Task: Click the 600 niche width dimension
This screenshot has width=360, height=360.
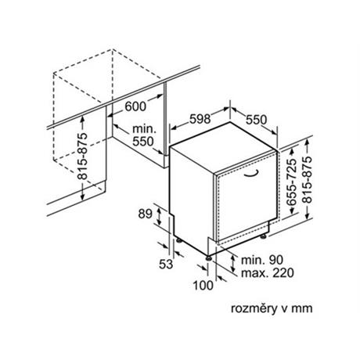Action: (x=135, y=106)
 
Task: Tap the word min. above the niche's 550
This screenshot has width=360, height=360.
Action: (x=144, y=129)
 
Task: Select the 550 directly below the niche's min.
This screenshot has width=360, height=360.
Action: (x=143, y=142)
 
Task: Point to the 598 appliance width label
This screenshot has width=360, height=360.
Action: (x=200, y=119)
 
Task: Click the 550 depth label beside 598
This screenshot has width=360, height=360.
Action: (x=257, y=120)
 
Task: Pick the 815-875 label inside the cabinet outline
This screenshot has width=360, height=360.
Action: (x=82, y=156)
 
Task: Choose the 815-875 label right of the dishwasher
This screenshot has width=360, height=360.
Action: (x=307, y=179)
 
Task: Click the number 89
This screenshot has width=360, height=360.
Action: (x=145, y=214)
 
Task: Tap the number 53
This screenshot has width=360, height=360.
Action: (x=166, y=265)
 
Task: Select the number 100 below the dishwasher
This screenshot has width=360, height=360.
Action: (x=203, y=285)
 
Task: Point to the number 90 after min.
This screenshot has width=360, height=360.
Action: (x=276, y=260)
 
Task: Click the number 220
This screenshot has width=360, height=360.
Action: (x=283, y=273)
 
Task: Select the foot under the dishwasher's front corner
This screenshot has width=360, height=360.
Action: (x=209, y=257)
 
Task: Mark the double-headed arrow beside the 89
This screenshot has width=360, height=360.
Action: (x=159, y=215)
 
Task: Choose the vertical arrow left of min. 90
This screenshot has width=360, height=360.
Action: (x=233, y=264)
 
